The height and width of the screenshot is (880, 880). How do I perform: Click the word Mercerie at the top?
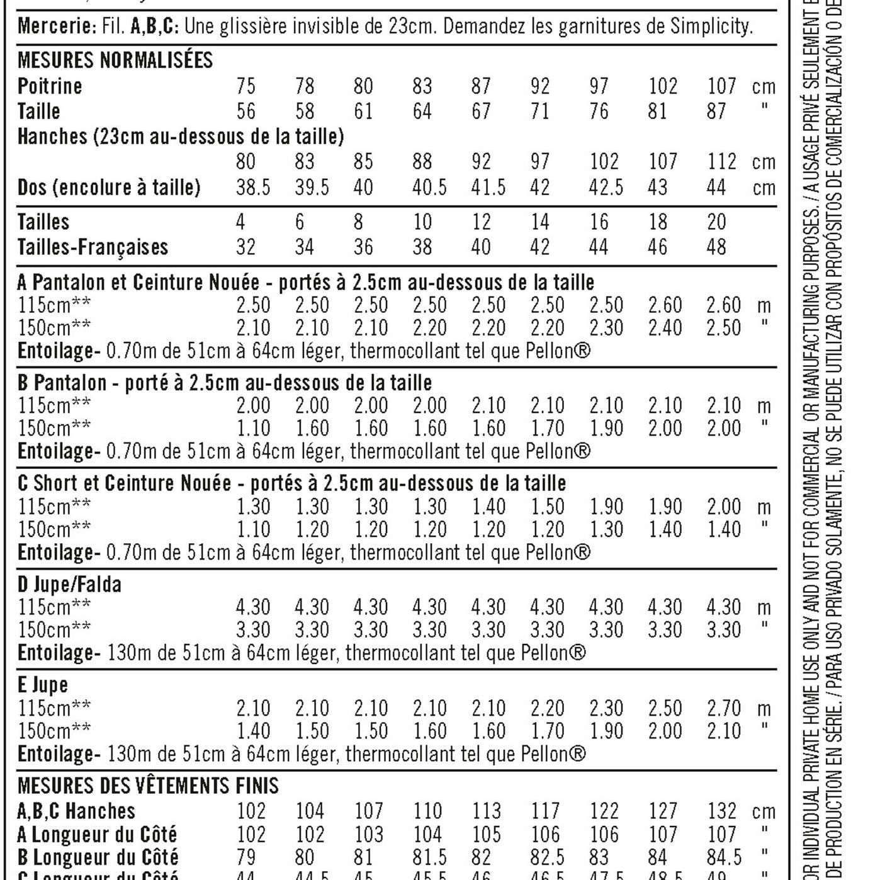(54, 26)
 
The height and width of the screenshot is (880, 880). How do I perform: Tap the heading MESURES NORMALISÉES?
(115, 60)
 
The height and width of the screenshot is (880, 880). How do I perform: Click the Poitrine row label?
(50, 86)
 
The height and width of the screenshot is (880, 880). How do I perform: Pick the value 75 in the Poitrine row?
(245, 86)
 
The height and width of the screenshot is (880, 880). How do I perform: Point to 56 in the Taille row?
(245, 111)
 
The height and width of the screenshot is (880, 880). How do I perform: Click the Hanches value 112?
(721, 162)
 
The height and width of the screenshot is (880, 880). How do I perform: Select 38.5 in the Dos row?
(252, 188)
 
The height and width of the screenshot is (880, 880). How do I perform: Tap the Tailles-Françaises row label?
(93, 247)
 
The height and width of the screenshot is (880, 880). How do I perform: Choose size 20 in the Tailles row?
(716, 222)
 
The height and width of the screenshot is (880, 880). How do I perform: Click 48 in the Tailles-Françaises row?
(716, 247)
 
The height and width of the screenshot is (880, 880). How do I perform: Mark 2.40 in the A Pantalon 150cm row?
(665, 328)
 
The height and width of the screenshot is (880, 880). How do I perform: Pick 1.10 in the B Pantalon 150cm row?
(252, 429)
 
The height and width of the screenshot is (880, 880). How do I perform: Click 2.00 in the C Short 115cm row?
(723, 507)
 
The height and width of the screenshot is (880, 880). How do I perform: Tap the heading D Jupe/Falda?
(69, 585)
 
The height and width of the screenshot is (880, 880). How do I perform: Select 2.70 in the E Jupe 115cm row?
(723, 709)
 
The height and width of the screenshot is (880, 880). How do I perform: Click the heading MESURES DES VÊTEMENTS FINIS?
(148, 786)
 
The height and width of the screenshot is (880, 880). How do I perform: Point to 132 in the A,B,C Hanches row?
(721, 811)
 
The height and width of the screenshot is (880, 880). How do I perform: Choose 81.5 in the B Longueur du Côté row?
(429, 857)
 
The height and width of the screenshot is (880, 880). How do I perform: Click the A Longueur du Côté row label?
(98, 835)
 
